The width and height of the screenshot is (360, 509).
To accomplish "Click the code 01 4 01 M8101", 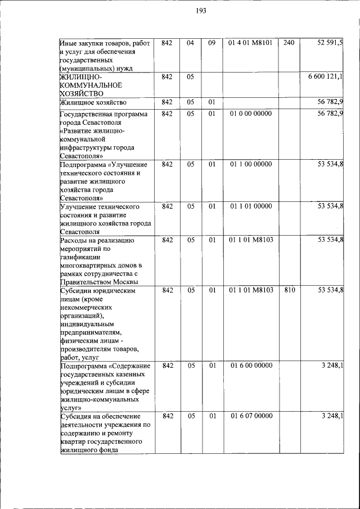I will pyautogui.click(x=250, y=43).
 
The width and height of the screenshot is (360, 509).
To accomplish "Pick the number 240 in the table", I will pyautogui.click(x=289, y=43).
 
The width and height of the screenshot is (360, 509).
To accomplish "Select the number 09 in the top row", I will pyautogui.click(x=212, y=43).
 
